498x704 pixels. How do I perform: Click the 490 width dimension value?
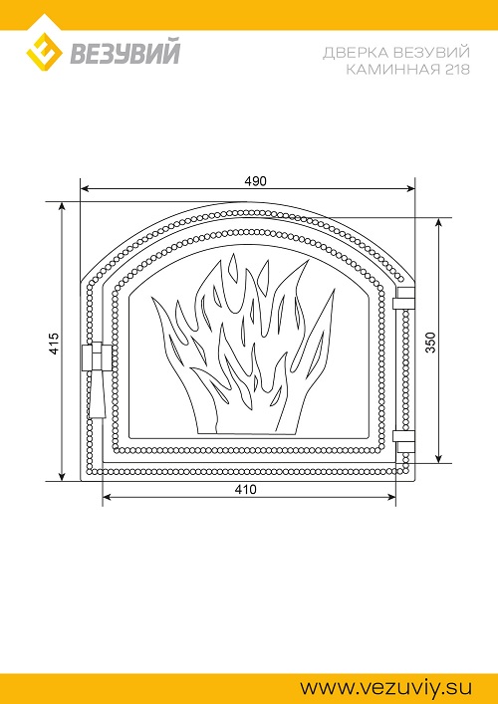click(256, 181)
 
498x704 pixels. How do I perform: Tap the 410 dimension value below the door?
click(246, 489)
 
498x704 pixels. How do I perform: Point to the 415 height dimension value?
click(54, 344)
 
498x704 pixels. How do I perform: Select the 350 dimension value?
click(430, 343)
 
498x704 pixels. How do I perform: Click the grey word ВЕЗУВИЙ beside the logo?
click(124, 52)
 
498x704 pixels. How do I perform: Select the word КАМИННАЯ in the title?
click(386, 70)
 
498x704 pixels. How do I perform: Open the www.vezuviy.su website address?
click(386, 687)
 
